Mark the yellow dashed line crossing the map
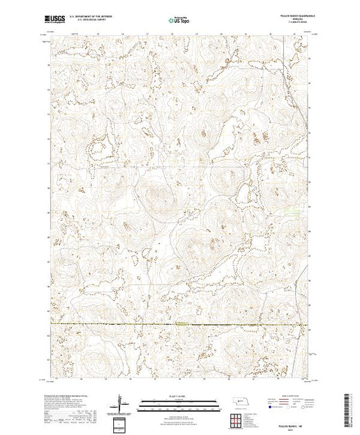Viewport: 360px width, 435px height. point(104,324)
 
